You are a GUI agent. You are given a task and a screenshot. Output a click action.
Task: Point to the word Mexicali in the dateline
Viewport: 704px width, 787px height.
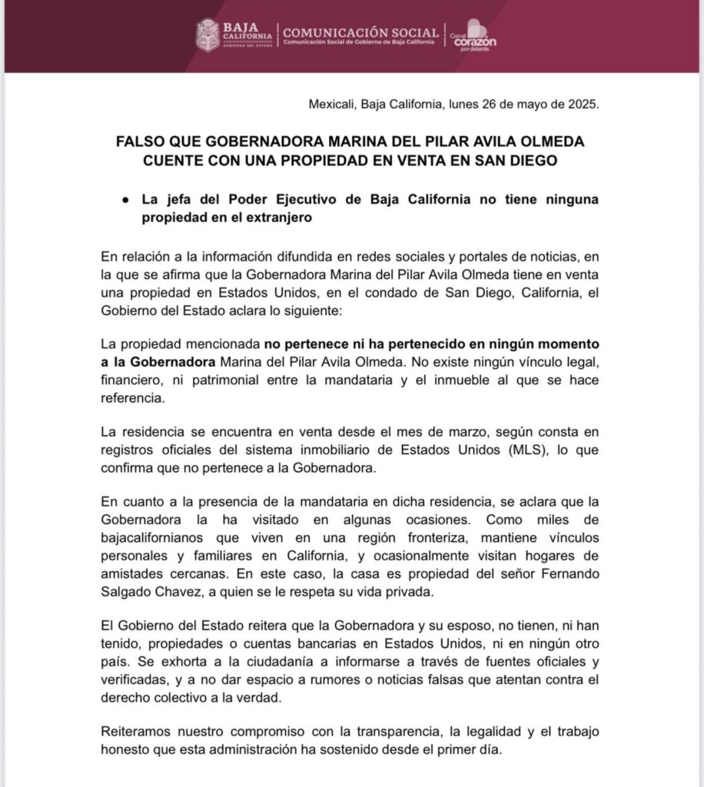[333, 105]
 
